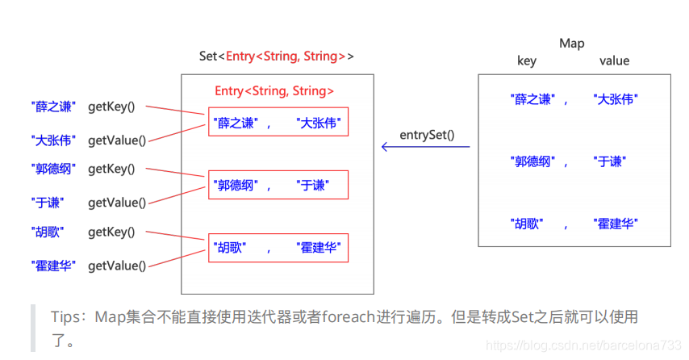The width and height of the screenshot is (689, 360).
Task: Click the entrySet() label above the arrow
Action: click(x=427, y=133)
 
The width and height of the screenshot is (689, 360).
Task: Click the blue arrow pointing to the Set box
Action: click(x=425, y=147)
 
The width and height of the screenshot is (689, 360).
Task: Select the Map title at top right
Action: click(x=571, y=43)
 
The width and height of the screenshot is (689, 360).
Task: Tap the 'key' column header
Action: click(x=527, y=61)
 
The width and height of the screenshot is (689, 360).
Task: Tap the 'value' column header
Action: click(x=614, y=61)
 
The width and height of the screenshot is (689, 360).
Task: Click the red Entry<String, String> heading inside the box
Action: click(x=274, y=91)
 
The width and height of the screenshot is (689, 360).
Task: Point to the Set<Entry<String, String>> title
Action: click(x=277, y=56)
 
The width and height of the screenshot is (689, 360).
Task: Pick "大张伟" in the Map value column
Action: click(x=616, y=99)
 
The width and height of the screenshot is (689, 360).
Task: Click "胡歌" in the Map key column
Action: click(x=526, y=223)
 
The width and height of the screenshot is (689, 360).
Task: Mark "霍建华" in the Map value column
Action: click(x=616, y=223)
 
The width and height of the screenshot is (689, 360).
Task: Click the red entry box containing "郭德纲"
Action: click(x=278, y=185)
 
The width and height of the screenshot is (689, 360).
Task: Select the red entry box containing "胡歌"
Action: click(x=278, y=247)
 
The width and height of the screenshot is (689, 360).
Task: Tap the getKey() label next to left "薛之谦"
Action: click(x=111, y=106)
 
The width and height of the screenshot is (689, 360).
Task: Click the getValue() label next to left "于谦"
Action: click(x=117, y=203)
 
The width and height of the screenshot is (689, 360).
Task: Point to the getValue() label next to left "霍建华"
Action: click(x=117, y=266)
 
